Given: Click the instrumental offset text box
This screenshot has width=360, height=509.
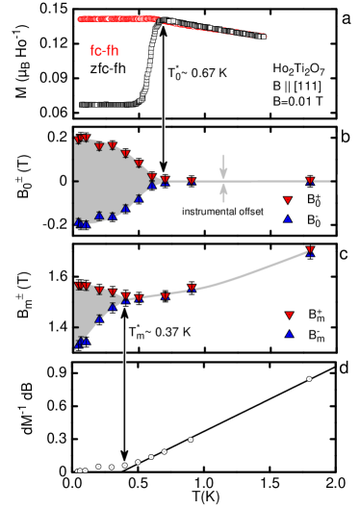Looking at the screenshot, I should (222, 210).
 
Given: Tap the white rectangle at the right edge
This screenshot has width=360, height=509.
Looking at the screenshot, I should (347, 185).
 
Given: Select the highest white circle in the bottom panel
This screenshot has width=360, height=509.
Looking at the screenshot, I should (309, 378).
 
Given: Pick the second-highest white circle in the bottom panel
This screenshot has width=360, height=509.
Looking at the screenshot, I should (191, 440).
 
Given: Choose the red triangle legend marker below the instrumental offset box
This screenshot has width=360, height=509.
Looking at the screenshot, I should (287, 200).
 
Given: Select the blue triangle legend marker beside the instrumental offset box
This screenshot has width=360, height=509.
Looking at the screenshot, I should (287, 219).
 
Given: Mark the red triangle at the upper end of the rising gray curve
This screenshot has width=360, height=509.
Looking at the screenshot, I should (310, 249).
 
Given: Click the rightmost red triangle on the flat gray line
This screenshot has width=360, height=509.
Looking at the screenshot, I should (310, 180).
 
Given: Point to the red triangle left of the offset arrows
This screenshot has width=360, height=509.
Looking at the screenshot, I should (191, 181).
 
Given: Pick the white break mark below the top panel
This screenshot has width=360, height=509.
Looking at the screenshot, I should (163, 122).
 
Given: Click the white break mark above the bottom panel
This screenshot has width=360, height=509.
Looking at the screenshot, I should (124, 357).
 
